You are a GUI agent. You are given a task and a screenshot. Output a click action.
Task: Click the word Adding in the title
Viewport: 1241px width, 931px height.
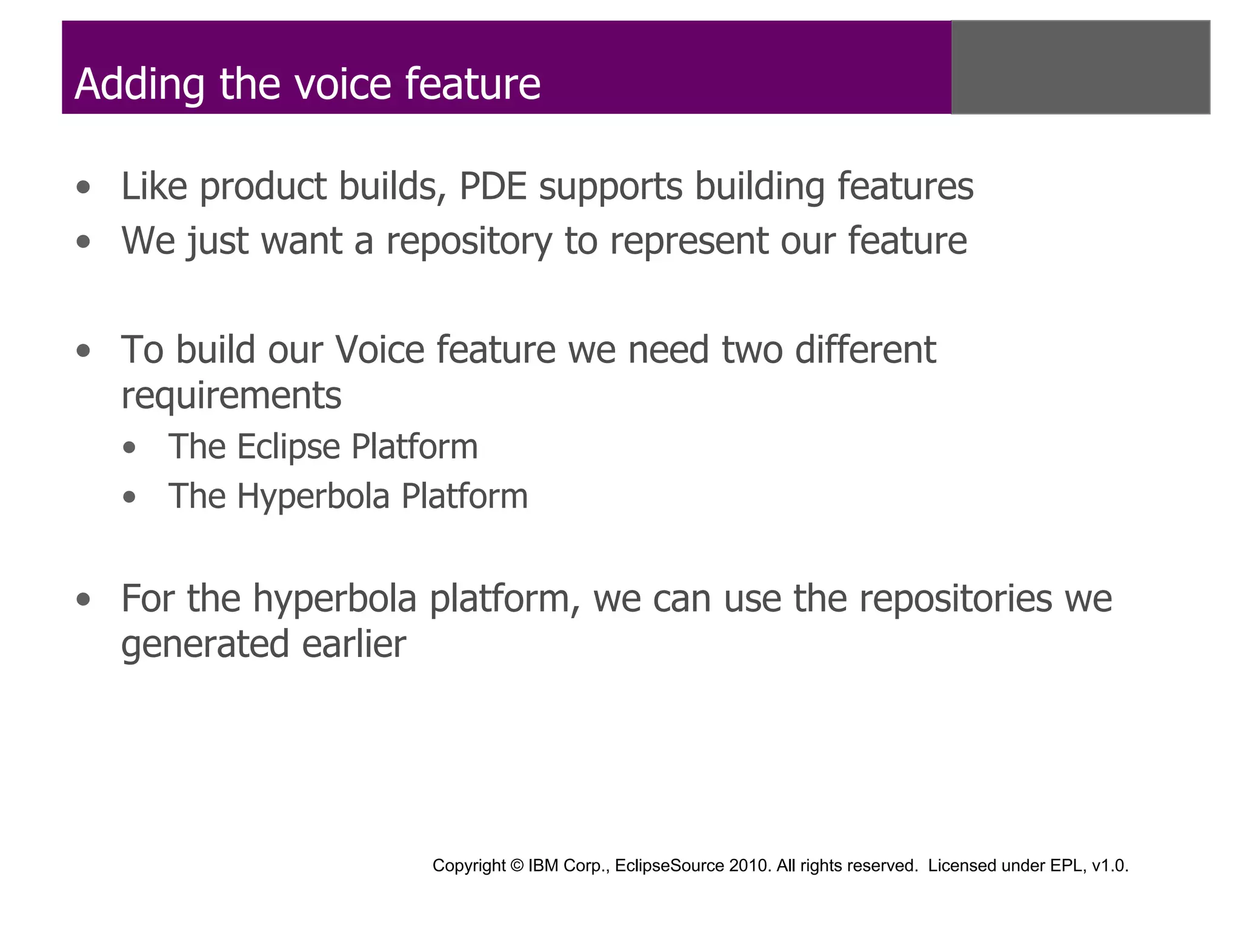coord(140,84)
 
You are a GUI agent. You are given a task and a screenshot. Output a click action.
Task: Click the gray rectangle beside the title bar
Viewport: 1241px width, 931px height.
coord(1080,67)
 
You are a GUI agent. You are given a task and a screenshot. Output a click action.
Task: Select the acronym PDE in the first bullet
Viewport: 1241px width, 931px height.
coord(493,186)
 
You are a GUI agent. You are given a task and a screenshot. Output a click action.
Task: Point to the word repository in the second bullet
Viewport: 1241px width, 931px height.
coord(469,242)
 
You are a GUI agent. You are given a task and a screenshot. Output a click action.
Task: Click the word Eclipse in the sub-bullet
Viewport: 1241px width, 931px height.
coord(288,447)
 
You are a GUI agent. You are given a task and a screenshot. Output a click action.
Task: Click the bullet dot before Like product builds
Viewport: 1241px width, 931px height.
coord(84,188)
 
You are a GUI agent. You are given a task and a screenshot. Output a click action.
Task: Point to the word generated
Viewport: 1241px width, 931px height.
coord(205,645)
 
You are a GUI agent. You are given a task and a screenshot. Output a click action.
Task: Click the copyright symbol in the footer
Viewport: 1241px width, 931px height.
coord(517,866)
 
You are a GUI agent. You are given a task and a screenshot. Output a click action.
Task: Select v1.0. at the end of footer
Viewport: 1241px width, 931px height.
coord(1110,866)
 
